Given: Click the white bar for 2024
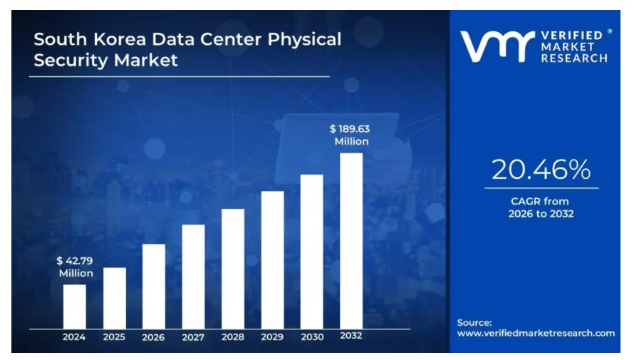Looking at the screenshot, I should [x=74, y=306].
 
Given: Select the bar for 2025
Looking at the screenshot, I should [x=114, y=297].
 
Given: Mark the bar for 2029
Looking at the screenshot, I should [x=272, y=259].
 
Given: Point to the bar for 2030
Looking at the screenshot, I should [x=311, y=251].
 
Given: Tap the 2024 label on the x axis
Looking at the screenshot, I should [x=74, y=337].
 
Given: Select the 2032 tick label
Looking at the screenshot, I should [x=350, y=336].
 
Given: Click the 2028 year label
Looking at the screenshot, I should [x=233, y=337].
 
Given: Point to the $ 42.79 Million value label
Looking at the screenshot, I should [x=76, y=267].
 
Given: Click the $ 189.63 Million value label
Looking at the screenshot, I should [x=350, y=135].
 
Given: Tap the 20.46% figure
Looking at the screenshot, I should [x=541, y=170].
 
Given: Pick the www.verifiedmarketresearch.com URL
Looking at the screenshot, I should [x=536, y=333].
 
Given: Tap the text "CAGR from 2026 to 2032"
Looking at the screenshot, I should [x=541, y=207].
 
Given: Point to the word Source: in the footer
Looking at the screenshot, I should [x=474, y=322].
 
